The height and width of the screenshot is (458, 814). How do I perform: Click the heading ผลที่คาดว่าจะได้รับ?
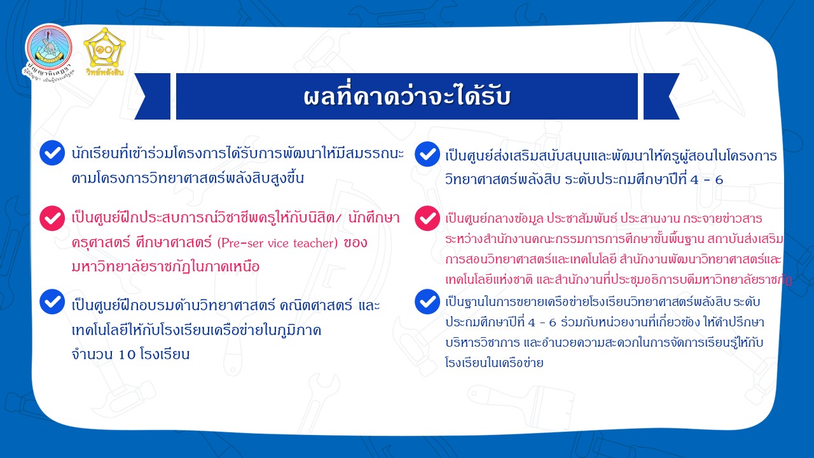407,97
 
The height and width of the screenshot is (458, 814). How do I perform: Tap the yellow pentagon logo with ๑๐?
104,47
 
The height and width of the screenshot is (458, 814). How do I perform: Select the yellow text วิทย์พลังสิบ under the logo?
105,72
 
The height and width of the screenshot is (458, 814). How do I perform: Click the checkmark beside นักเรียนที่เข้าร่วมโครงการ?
52,153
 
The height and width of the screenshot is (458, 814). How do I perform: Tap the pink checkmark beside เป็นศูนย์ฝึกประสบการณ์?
52,218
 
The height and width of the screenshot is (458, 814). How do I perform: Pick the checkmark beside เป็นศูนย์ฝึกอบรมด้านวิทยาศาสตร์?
52,302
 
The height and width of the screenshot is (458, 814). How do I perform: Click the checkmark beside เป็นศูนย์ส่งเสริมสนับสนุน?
427,154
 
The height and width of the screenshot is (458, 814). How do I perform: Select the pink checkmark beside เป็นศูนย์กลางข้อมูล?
427,218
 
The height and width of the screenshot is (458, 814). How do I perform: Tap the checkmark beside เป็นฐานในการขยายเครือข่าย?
427,302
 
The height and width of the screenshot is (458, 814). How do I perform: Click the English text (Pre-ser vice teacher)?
278,243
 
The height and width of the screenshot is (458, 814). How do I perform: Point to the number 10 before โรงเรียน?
127,354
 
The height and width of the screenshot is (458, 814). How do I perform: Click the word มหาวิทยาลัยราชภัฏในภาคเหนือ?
166,267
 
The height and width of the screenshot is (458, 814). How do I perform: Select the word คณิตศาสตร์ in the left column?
316,305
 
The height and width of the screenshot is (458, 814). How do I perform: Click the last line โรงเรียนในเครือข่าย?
494,363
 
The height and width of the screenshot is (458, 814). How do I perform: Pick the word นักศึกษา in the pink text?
374,218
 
